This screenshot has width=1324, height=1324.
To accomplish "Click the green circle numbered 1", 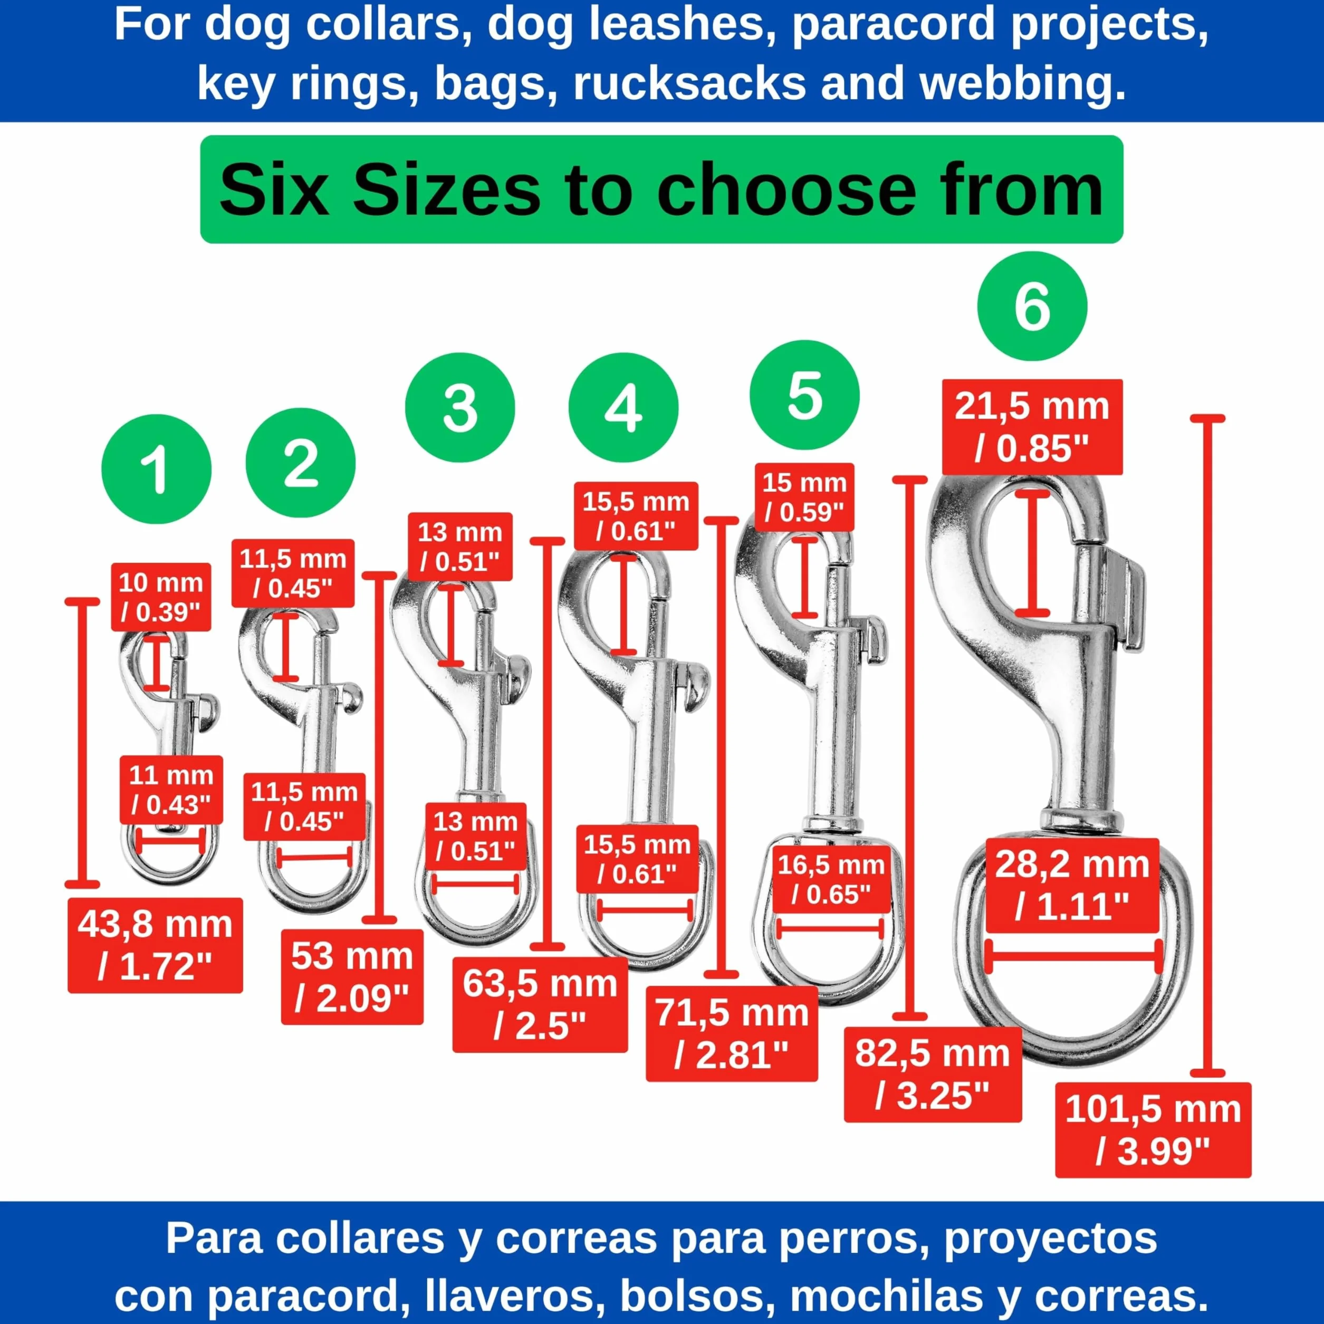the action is (x=156, y=469).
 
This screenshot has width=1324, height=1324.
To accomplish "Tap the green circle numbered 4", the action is (x=623, y=408).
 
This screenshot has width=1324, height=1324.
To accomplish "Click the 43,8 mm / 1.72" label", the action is (x=156, y=945).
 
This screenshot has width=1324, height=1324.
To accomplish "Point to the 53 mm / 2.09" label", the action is (x=352, y=976).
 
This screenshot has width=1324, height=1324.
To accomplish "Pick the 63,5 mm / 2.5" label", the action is (x=540, y=1005).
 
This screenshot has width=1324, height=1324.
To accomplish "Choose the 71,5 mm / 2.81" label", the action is (x=732, y=1033).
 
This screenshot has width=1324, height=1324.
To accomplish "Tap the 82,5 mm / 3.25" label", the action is (x=933, y=1074).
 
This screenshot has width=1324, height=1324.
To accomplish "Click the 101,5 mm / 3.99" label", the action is (x=1154, y=1129).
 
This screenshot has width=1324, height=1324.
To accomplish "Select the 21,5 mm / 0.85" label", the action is (x=1032, y=427).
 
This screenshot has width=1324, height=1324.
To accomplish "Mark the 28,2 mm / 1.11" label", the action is (x=1072, y=885).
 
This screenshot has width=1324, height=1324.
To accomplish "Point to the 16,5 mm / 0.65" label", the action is (x=831, y=879).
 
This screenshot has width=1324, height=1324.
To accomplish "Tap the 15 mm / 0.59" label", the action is (x=804, y=497).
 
